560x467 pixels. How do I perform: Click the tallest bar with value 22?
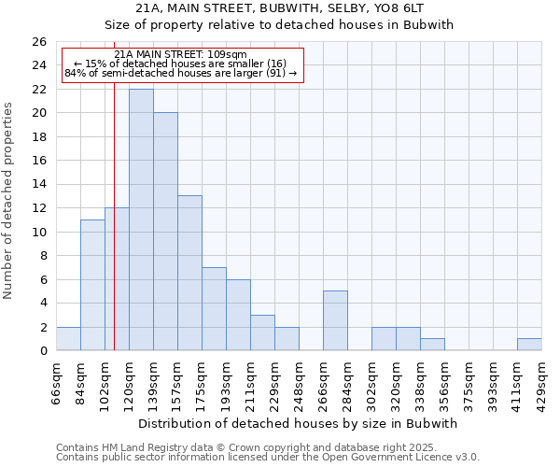[x=141, y=219]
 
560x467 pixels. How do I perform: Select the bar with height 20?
[x=165, y=232]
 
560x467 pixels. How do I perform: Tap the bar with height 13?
[x=189, y=273]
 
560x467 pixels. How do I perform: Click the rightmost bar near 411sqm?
[x=529, y=344]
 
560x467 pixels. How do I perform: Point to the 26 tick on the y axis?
[x=38, y=42]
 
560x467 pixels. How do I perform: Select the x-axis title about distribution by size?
[x=303, y=423]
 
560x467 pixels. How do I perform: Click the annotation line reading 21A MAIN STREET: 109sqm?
[x=180, y=55]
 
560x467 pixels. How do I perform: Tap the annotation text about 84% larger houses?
[x=181, y=73]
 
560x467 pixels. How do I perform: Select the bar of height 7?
[x=214, y=309]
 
